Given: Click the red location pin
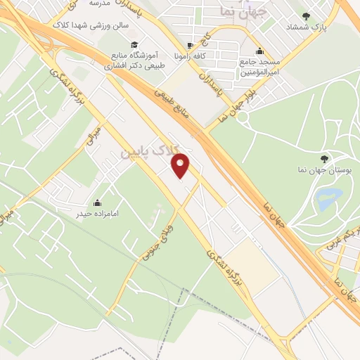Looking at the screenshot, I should click(181, 165).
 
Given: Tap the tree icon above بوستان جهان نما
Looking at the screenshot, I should click(323, 159).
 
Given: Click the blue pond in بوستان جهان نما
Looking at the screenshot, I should click(328, 199).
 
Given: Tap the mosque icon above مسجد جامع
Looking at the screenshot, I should click(260, 51).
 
